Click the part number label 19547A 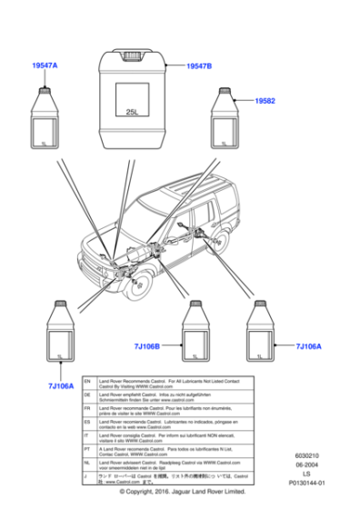45,66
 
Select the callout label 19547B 198,66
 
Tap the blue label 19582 265,100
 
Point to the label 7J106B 146,346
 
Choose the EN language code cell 87,383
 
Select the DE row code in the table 87,397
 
